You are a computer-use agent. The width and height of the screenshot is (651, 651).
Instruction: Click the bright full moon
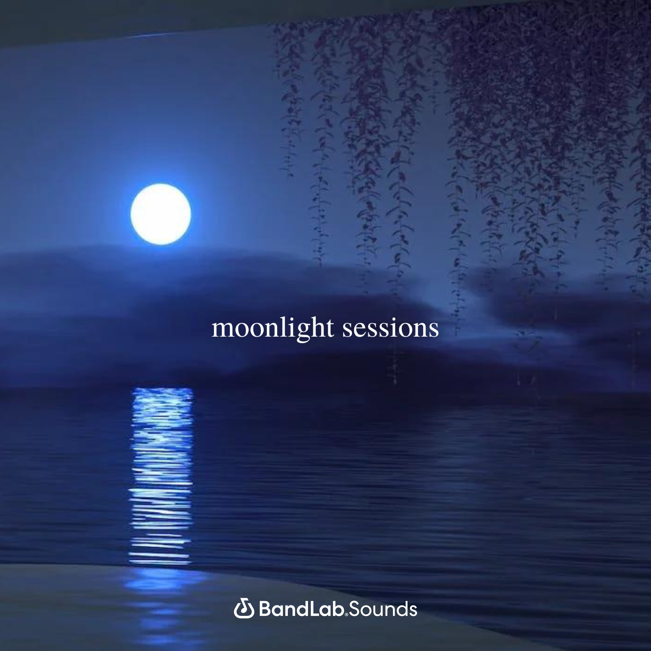[x=161, y=214]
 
